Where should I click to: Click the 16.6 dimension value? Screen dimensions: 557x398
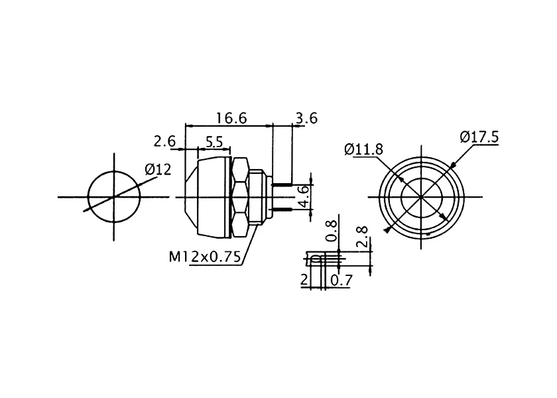tap(231, 118)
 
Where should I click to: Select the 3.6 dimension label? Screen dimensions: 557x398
tap(306, 118)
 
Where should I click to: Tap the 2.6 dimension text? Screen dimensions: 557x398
tap(164, 141)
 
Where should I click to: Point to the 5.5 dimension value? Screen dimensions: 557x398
tap(214, 143)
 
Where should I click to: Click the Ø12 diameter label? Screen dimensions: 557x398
tap(158, 170)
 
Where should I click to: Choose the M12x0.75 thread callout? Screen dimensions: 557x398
tap(205, 256)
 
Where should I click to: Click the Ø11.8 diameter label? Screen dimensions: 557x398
tap(364, 149)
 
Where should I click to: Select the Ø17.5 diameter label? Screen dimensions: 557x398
tap(479, 137)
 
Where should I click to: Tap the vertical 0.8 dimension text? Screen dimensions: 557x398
tap(331, 231)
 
